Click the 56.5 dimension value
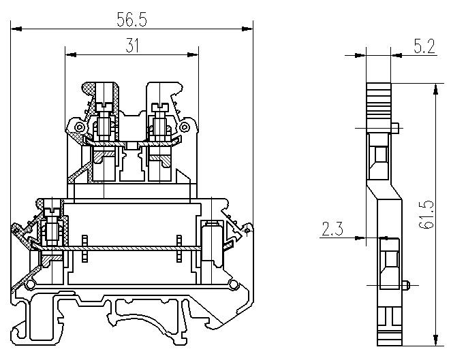pyautogui.click(x=131, y=20)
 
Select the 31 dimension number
pyautogui.click(x=132, y=46)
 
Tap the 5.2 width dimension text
pyautogui.click(x=424, y=46)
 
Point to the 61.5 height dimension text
pyautogui.click(x=426, y=214)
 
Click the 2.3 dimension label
pyautogui.click(x=332, y=229)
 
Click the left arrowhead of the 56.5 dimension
pyautogui.click(x=16, y=29)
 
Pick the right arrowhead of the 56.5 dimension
pyautogui.click(x=247, y=29)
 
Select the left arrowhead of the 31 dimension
pyautogui.click(x=71, y=54)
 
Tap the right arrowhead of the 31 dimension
pyautogui.click(x=193, y=54)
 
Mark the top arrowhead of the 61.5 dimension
pyautogui.click(x=436, y=88)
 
